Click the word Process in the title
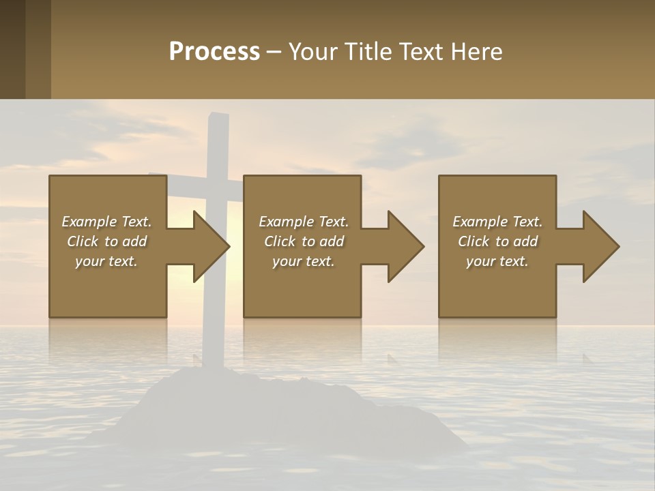coord(214,52)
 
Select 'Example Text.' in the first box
coord(106,222)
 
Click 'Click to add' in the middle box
coord(304,241)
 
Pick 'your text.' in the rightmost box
coord(497,261)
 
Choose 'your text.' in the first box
coord(106,261)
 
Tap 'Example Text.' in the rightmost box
coord(497,222)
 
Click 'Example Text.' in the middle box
coord(304,222)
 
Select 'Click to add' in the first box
coord(106,241)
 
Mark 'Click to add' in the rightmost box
coord(497,241)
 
